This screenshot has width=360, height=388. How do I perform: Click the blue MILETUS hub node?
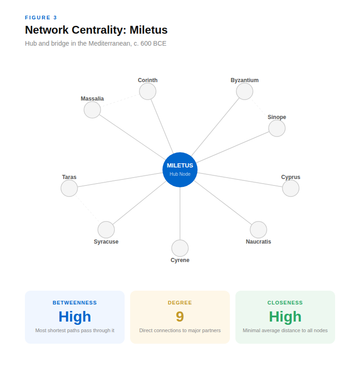point(180,170)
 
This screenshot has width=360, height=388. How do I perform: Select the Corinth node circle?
point(148,91)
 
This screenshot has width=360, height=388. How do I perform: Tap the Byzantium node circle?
point(245,91)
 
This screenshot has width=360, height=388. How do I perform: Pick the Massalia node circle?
point(92,110)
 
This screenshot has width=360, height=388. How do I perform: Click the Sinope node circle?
point(277,128)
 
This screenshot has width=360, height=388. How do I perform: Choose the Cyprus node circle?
point(291,188)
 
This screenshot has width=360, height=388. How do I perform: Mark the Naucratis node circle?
point(258,230)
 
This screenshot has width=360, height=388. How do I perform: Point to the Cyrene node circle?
point(180,248)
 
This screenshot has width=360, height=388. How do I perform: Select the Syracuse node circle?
point(106,230)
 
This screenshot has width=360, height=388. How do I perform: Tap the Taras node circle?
point(69,188)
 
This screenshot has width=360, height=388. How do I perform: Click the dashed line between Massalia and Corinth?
point(120,101)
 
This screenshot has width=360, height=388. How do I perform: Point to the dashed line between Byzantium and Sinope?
point(261,110)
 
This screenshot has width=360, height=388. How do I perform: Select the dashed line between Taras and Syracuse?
point(88,209)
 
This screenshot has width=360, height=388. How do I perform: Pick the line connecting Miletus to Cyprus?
point(240,180)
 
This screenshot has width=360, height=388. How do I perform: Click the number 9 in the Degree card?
point(180,316)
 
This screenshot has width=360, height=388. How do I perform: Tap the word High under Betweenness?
point(75,316)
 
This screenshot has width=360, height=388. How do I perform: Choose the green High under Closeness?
point(285,316)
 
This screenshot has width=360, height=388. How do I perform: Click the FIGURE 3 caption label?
point(41,18)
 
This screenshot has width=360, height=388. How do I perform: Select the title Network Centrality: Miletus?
point(96,30)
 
